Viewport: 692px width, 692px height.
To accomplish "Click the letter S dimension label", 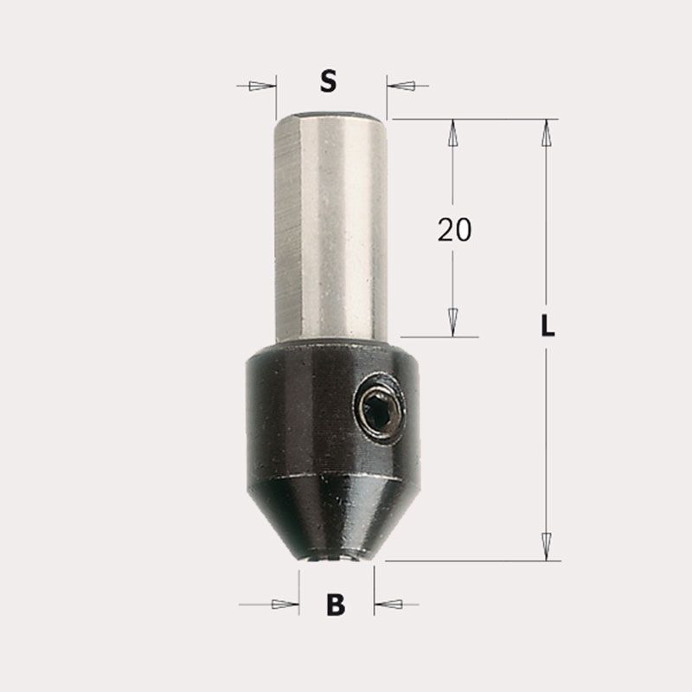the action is pyautogui.click(x=328, y=81).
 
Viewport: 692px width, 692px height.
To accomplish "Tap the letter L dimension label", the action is pyautogui.click(x=548, y=326).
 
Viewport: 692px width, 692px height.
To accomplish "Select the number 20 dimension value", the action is pyautogui.click(x=454, y=229).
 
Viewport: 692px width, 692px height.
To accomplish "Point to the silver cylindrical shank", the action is pyautogui.click(x=332, y=227).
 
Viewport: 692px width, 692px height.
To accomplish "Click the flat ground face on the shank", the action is pyautogui.click(x=288, y=229).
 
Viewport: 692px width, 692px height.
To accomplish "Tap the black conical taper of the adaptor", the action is pyautogui.click(x=333, y=517).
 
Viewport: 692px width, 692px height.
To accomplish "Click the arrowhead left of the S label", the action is pyautogui.click(x=260, y=86).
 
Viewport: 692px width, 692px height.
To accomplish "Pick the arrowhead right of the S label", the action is pyautogui.click(x=402, y=86).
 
